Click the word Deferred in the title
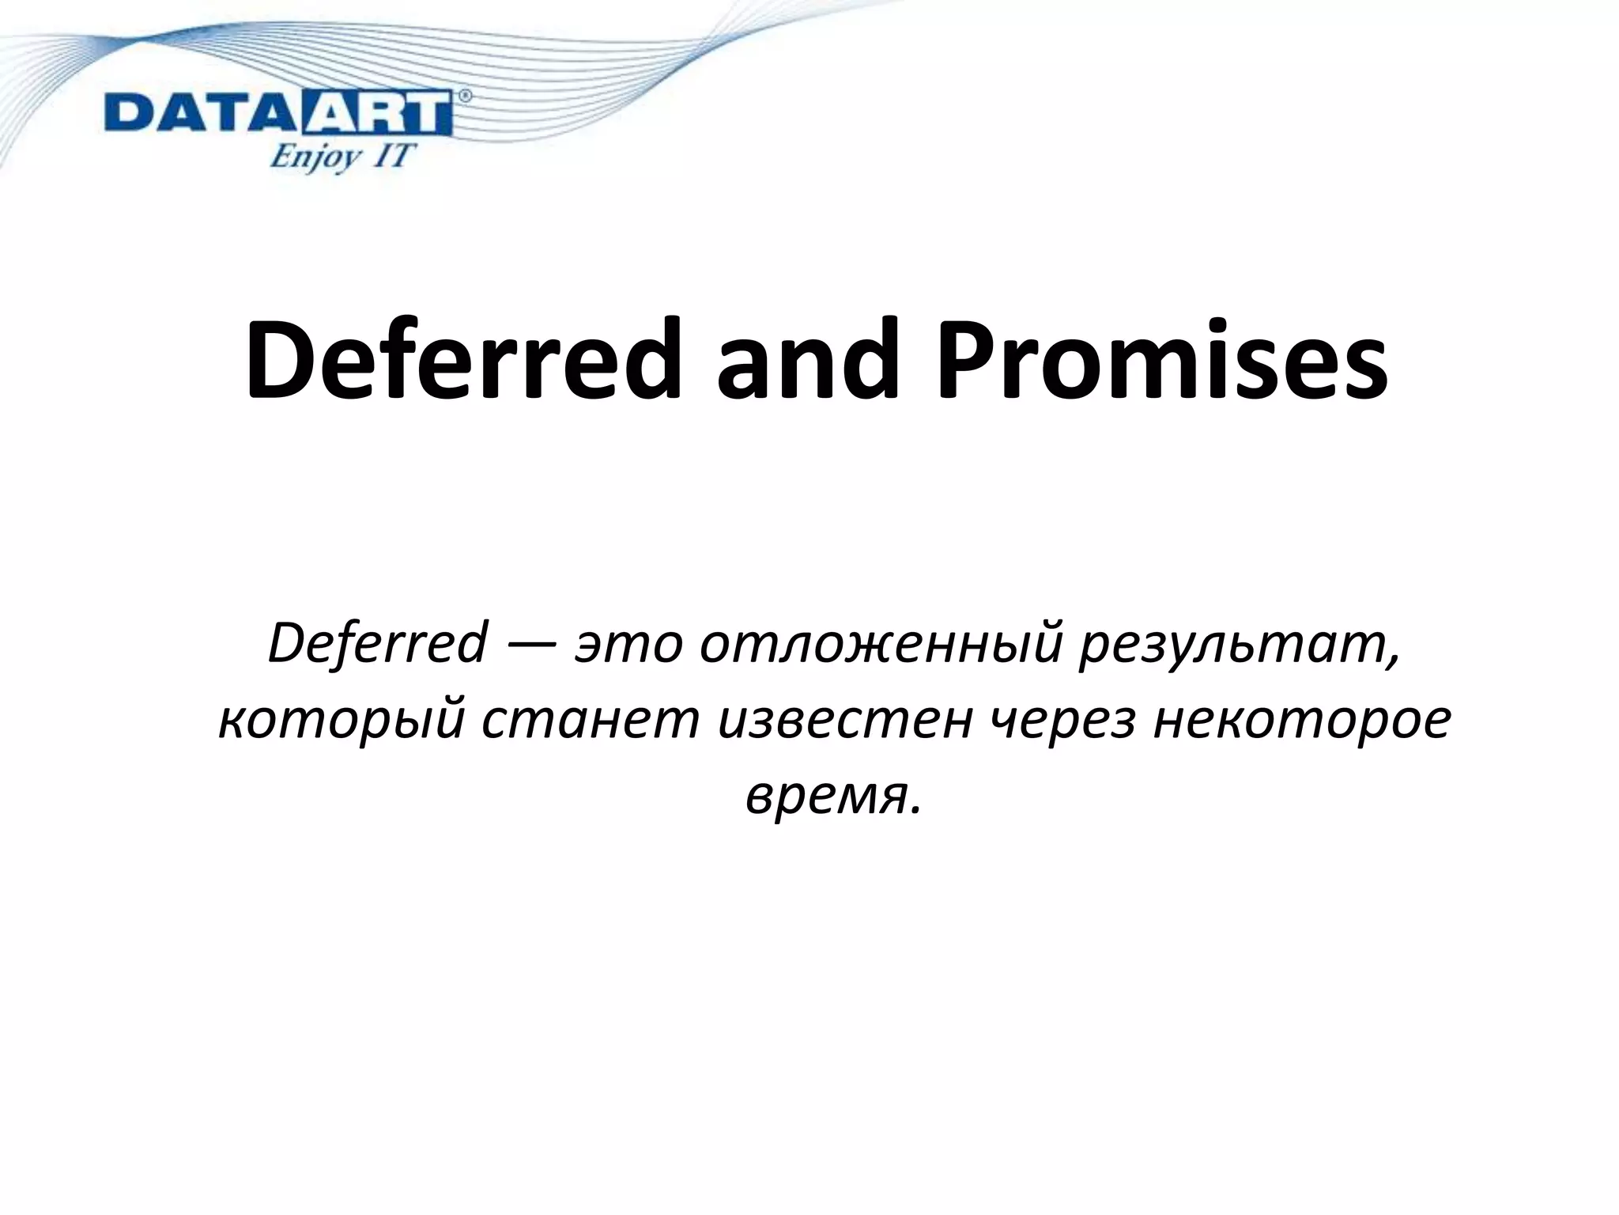pyautogui.click(x=463, y=360)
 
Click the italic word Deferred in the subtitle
pyautogui.click(x=378, y=643)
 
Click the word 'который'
pyautogui.click(x=340, y=722)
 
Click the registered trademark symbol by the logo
pyautogui.click(x=465, y=96)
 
